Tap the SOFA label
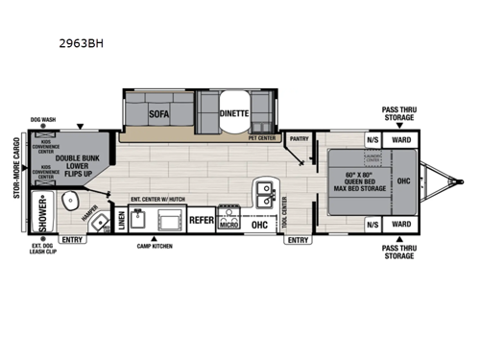pyautogui.click(x=159, y=113)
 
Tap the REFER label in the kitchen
pyautogui.click(x=201, y=220)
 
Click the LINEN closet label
pyautogui.click(x=121, y=220)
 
